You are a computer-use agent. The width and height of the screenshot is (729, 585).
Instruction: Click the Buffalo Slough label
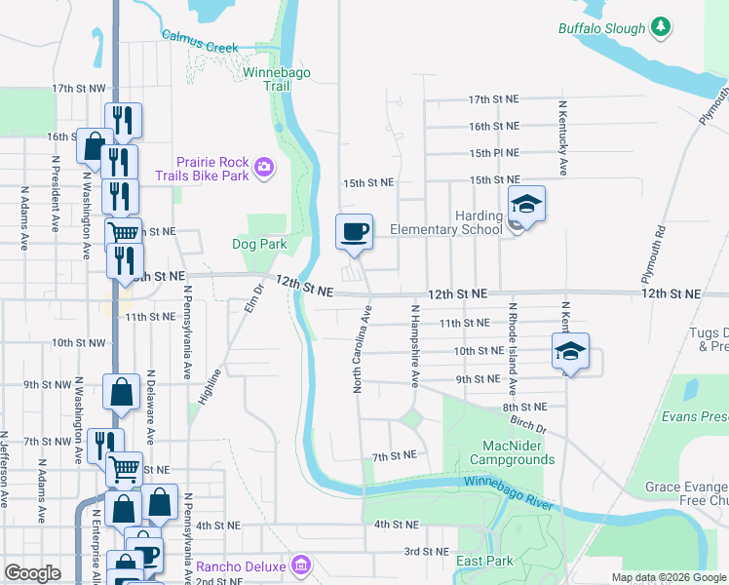(x=601, y=28)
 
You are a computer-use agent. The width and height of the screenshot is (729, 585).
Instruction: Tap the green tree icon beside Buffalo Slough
(x=662, y=26)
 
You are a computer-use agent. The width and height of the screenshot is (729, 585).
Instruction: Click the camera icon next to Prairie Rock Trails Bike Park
(x=263, y=170)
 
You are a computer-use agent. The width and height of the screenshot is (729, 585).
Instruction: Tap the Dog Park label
(x=259, y=244)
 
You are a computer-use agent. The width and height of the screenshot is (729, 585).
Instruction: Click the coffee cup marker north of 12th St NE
(x=354, y=232)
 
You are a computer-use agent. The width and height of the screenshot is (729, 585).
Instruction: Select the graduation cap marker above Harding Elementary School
(x=526, y=204)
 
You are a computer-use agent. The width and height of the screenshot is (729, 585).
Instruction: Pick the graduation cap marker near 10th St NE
(x=571, y=352)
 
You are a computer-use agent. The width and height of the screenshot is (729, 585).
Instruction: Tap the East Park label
(x=484, y=561)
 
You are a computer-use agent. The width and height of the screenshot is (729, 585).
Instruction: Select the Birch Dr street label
(x=529, y=426)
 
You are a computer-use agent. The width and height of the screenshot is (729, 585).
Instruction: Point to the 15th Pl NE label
(x=493, y=153)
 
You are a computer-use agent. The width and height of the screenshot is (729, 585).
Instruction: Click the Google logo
(x=32, y=572)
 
